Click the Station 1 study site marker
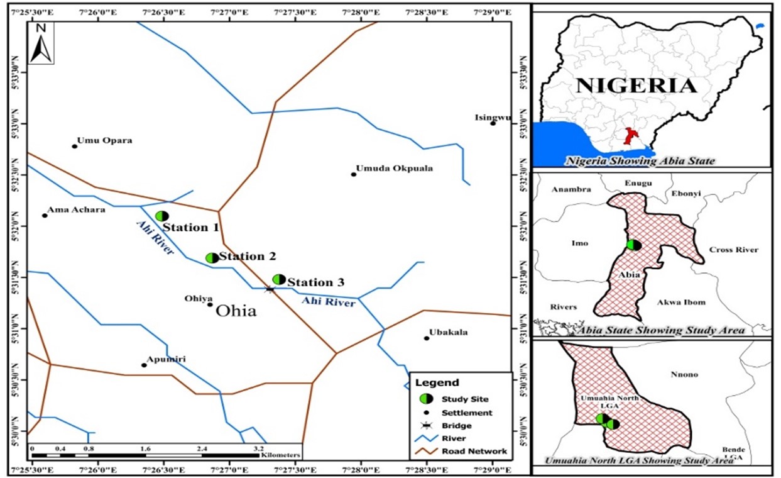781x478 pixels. tap(161, 216)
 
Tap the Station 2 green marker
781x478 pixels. tap(212, 258)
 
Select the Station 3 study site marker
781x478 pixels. tap(279, 279)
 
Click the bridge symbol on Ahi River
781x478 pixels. tap(270, 289)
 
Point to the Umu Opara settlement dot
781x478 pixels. tap(74, 146)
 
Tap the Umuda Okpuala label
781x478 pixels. tap(394, 169)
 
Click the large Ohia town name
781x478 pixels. tap(236, 311)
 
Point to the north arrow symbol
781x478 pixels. tap(41, 43)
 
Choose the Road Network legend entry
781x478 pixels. tap(474, 452)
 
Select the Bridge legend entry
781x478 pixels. tap(456, 426)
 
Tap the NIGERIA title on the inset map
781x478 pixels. tap(636, 86)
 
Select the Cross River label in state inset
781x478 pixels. tap(733, 250)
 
